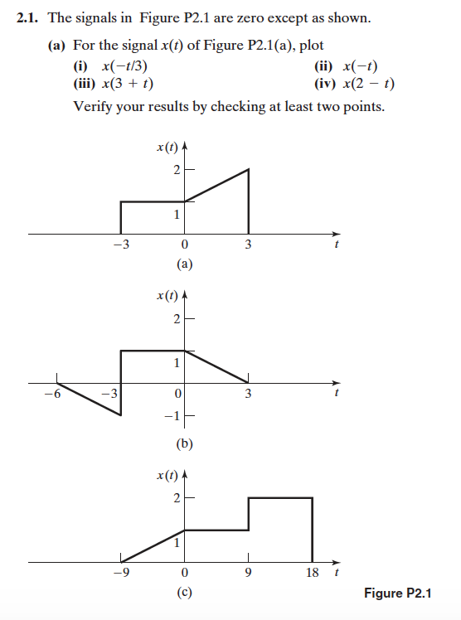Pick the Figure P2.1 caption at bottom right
click(398, 593)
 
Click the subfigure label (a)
click(184, 265)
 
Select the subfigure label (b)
click(184, 443)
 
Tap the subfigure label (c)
click(184, 593)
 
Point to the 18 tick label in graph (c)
click(313, 573)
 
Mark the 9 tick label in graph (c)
click(249, 573)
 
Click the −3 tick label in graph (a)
click(121, 245)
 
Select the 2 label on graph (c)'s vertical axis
click(176, 498)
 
